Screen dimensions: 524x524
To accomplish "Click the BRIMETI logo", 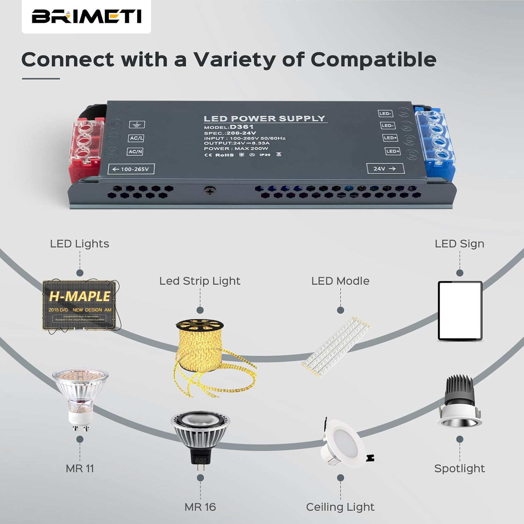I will pyautogui.click(x=86, y=16).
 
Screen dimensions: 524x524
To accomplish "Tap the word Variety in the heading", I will pyautogui.click(x=234, y=59).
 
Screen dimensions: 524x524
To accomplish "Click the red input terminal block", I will pyautogui.click(x=87, y=147).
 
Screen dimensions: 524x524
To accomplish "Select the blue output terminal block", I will pyautogui.click(x=435, y=140).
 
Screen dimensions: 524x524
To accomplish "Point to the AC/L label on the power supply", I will pyautogui.click(x=136, y=138).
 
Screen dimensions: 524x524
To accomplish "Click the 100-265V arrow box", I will pyautogui.click(x=131, y=169).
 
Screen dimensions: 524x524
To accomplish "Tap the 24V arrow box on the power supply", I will pyautogui.click(x=385, y=169).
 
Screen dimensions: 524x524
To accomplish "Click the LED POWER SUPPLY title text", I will pyautogui.click(x=264, y=119).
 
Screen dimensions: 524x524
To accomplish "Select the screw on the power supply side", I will pyautogui.click(x=210, y=191).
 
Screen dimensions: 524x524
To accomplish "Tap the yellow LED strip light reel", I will pyautogui.click(x=203, y=353).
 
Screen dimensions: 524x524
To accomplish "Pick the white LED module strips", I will pyautogui.click(x=336, y=346).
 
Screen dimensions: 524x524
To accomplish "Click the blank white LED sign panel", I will pyautogui.click(x=460, y=311).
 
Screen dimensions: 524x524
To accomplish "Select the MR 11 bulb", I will pyautogui.click(x=80, y=398).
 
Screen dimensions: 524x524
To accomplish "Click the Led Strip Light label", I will pyautogui.click(x=200, y=281).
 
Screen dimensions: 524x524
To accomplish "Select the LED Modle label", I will pyautogui.click(x=340, y=281).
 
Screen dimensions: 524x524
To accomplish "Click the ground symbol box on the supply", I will pyautogui.click(x=137, y=124).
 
